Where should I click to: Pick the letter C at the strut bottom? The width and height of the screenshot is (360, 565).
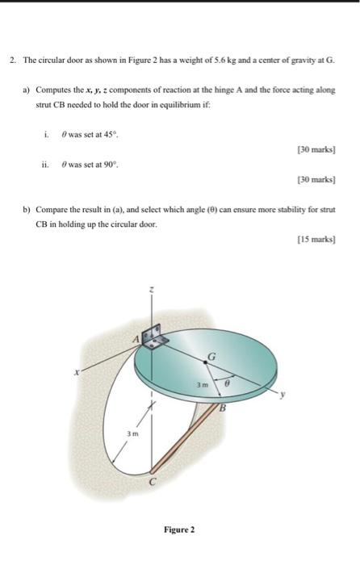(151, 483)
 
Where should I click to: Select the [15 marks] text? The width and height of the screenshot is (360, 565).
(319, 240)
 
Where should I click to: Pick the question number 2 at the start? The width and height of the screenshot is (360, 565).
(12, 61)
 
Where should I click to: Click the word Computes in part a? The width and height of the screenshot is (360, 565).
(53, 91)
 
